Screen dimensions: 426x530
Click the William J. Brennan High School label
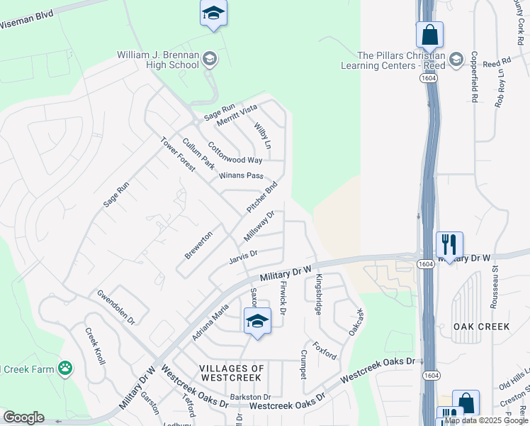[x=158, y=60]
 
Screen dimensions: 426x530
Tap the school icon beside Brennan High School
[x=209, y=59]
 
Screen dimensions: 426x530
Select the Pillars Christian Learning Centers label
[x=401, y=60]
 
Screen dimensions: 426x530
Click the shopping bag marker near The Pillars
[x=429, y=34]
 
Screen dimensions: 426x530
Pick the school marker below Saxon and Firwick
[x=257, y=321]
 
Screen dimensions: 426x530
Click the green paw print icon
[x=65, y=368]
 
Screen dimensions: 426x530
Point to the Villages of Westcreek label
[x=232, y=373]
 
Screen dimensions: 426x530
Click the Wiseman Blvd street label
[x=26, y=19]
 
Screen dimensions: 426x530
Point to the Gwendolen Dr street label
[x=115, y=307]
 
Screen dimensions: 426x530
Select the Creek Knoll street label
[x=95, y=346]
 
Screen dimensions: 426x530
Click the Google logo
[x=23, y=417]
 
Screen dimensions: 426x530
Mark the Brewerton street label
[x=198, y=244]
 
